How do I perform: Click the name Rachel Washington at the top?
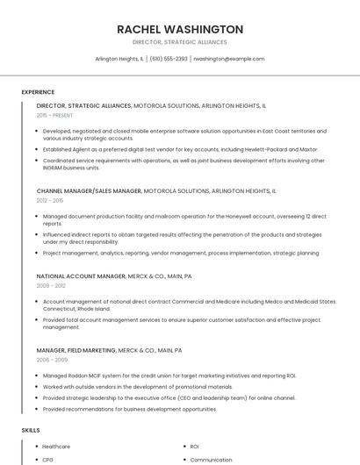pyautogui.click(x=180, y=29)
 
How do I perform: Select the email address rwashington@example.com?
pyautogui.click(x=228, y=59)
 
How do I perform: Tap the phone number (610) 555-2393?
pyautogui.click(x=169, y=59)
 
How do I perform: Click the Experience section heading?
pyautogui.click(x=38, y=91)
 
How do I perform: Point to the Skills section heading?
pyautogui.click(x=31, y=430)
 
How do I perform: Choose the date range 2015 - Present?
pyautogui.click(x=54, y=115)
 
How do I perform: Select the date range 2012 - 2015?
pyautogui.click(x=50, y=200)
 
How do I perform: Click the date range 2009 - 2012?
pyautogui.click(x=50, y=285)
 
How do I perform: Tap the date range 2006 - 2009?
pyautogui.click(x=51, y=360)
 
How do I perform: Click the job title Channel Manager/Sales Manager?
pyautogui.click(x=89, y=190)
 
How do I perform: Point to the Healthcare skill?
pyautogui.click(x=55, y=447)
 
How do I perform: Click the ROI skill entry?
pyautogui.click(x=194, y=447)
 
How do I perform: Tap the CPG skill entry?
pyautogui.click(x=48, y=459)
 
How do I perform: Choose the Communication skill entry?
pyautogui.click(x=211, y=459)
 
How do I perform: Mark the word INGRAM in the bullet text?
pyautogui.click(x=55, y=168)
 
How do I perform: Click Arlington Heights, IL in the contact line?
pyautogui.click(x=119, y=59)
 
